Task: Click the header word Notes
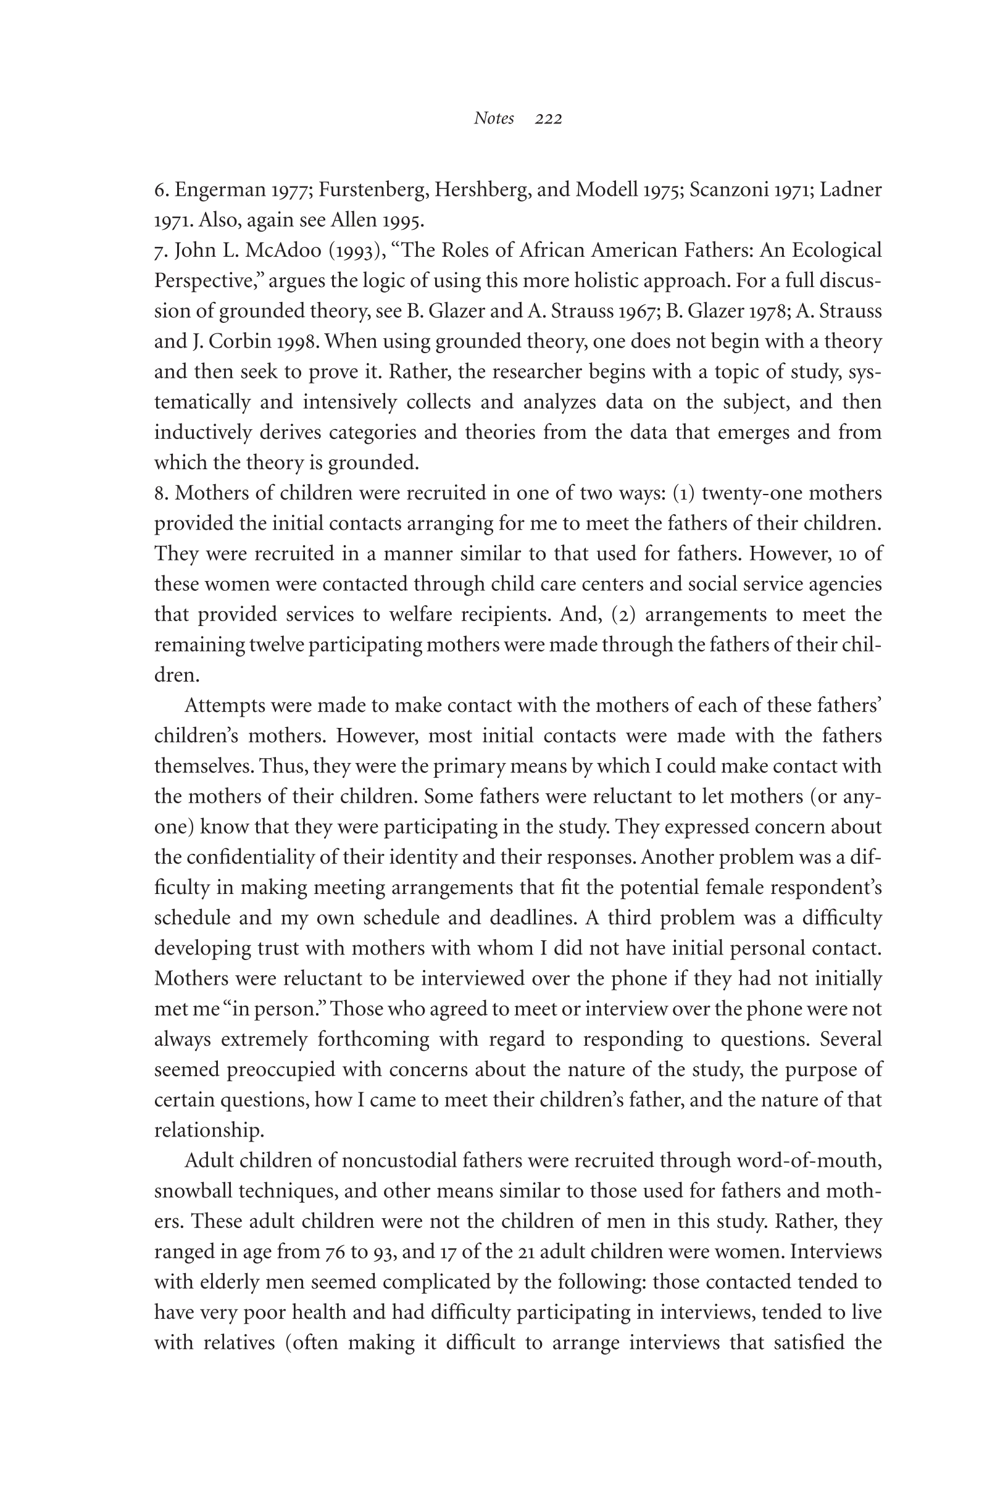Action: click(494, 119)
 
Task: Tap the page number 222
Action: click(548, 119)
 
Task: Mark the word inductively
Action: click(202, 432)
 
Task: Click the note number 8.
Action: click(159, 493)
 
